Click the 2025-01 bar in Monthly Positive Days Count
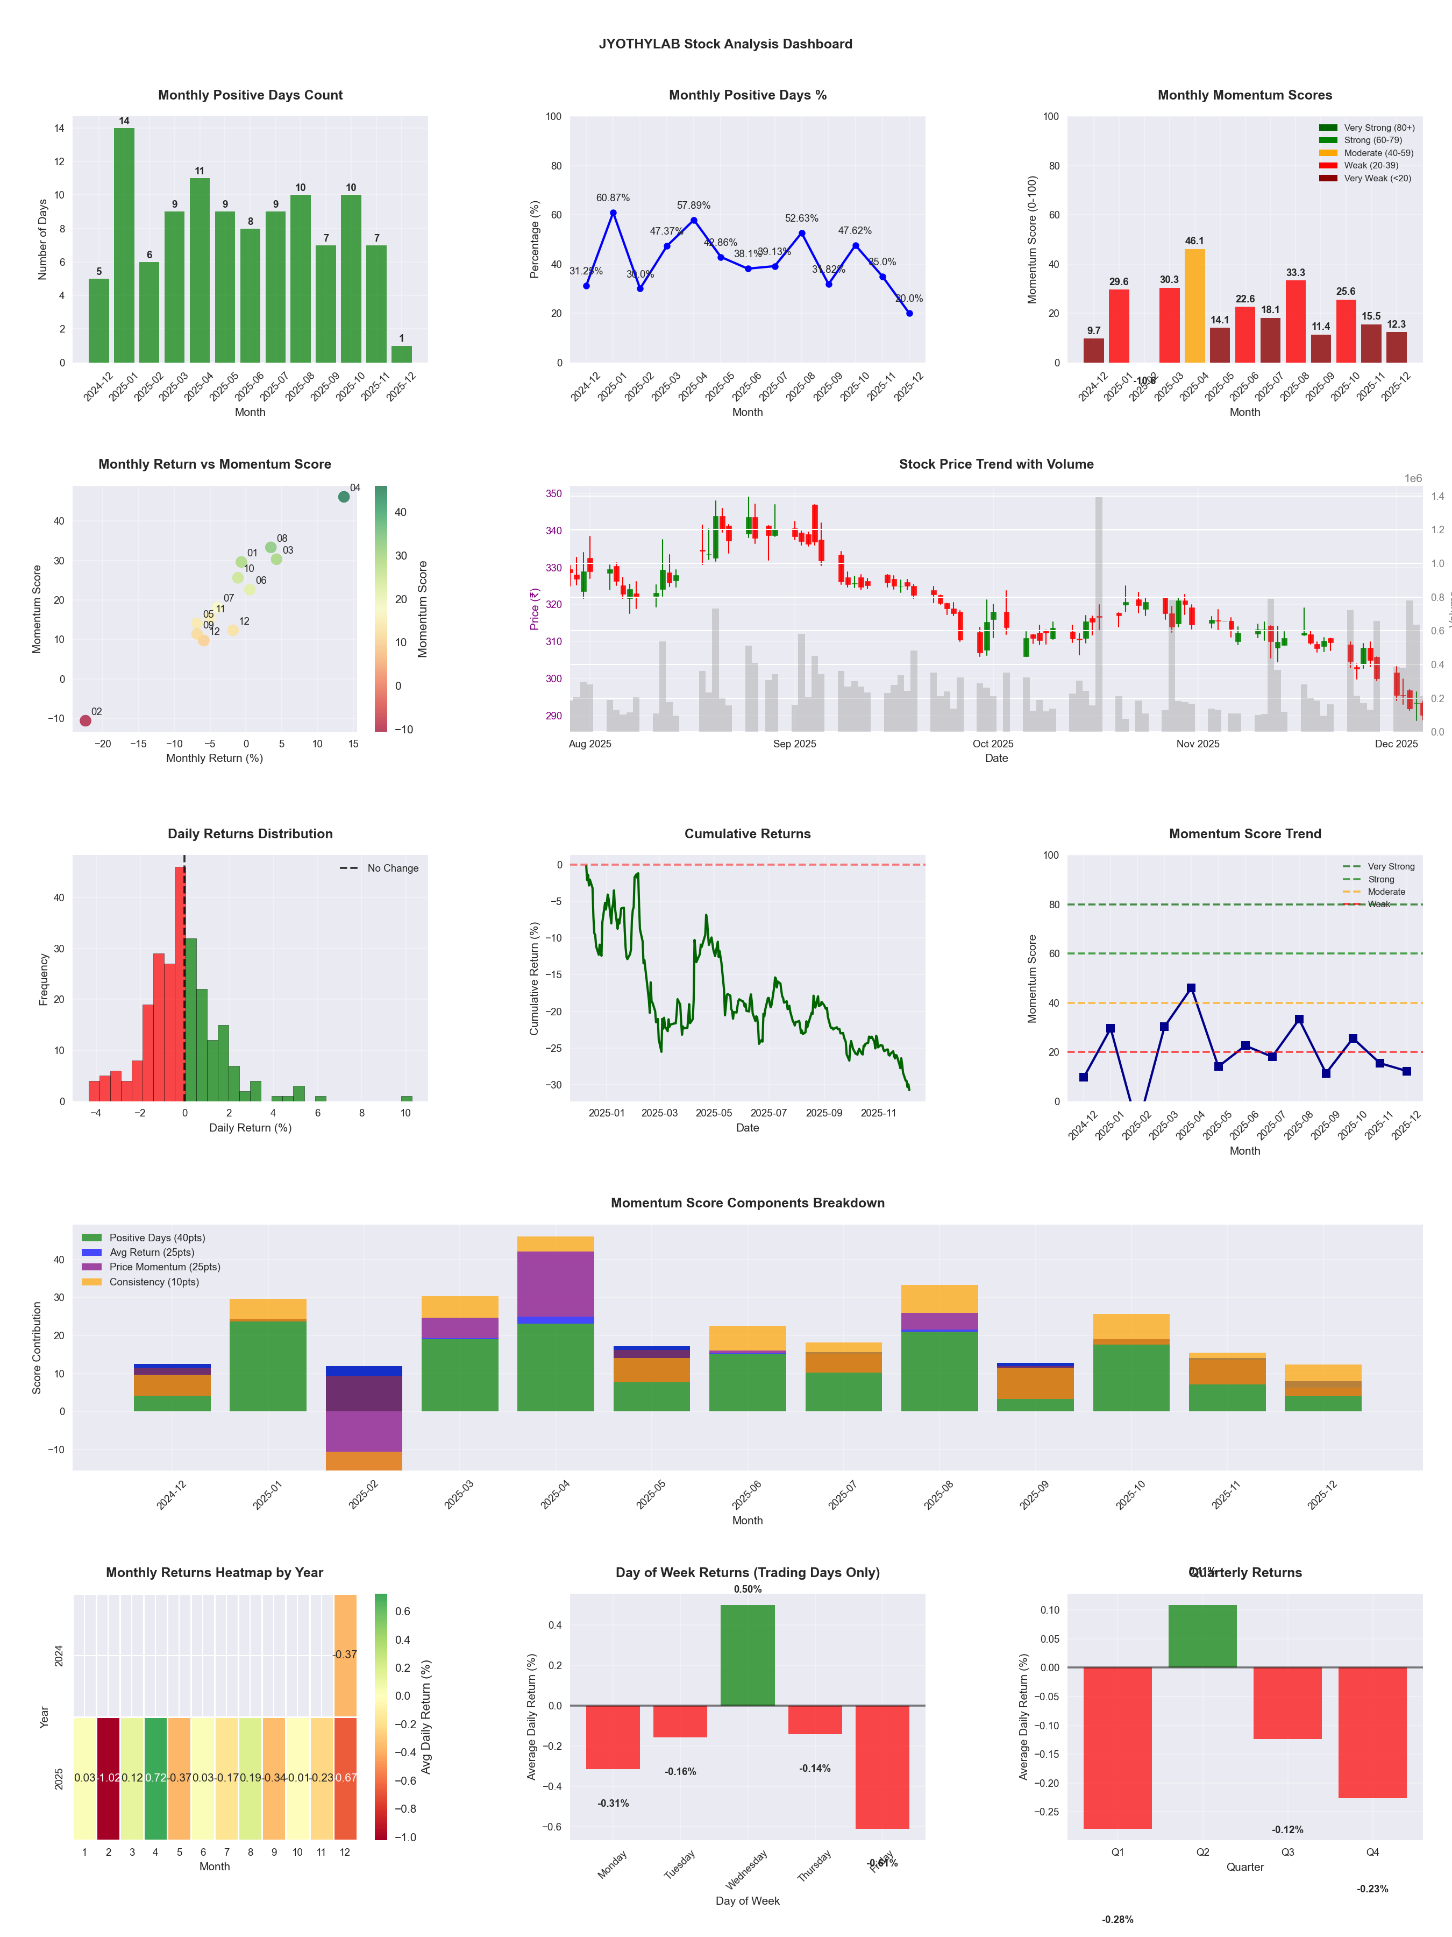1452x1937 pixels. (124, 245)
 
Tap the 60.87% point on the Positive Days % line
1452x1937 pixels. (614, 213)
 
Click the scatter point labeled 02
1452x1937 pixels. (85, 720)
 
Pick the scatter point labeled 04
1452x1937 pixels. (344, 497)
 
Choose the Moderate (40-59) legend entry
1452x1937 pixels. (1378, 153)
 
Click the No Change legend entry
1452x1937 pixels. (392, 868)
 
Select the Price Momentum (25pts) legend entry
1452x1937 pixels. (165, 1267)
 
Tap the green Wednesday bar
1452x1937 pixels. (748, 1655)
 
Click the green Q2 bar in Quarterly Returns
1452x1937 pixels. (1202, 1636)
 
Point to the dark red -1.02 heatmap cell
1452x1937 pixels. (109, 1778)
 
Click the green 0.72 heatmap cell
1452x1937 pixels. (156, 1778)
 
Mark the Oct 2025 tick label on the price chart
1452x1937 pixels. (993, 744)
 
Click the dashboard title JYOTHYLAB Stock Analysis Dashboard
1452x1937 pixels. (725, 44)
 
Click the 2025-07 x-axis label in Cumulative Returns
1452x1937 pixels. (768, 1113)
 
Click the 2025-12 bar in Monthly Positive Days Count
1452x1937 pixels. (402, 354)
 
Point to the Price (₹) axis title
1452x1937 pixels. (534, 609)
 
